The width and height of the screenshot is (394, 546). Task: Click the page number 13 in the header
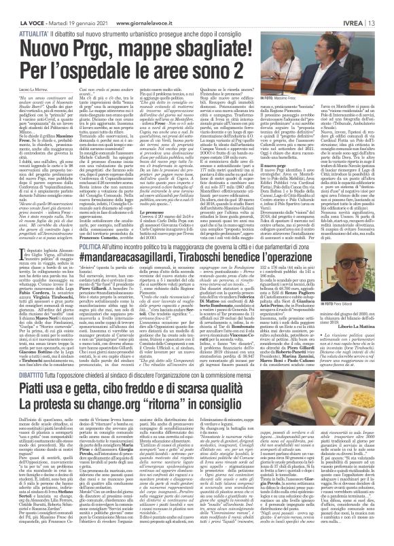point(387,5)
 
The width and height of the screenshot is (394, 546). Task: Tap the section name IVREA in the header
point(365,5)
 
